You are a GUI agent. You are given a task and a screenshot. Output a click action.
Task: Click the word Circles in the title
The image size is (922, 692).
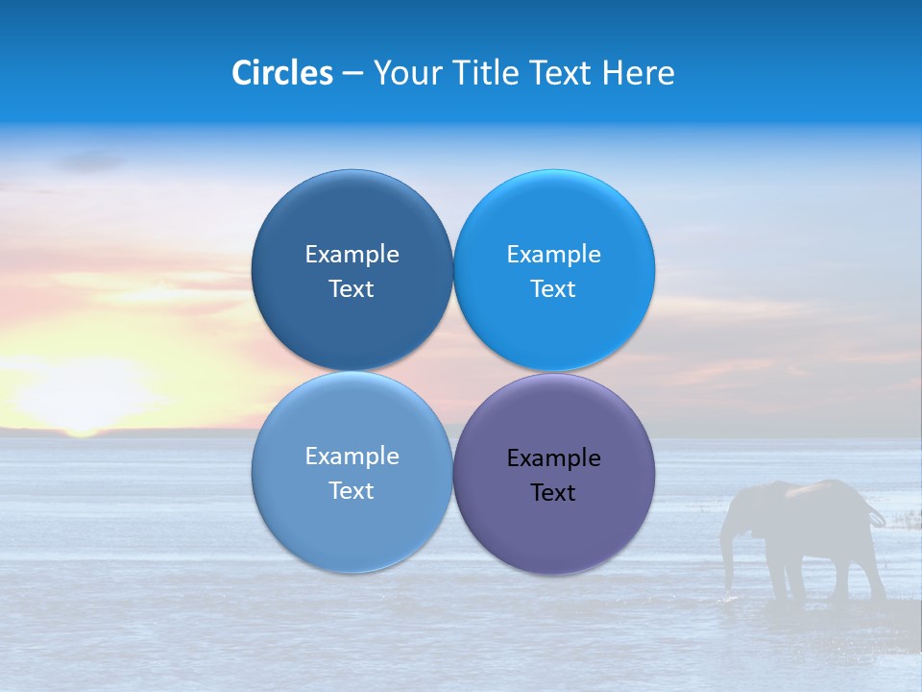[282, 73]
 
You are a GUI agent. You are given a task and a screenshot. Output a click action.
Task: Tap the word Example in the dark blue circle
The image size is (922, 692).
[352, 254]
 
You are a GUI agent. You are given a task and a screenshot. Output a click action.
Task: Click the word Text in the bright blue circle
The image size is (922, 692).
[553, 289]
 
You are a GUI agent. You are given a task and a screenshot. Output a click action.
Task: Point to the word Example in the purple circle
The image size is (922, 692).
[553, 457]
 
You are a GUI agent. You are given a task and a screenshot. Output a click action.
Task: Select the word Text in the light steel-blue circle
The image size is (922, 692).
[352, 491]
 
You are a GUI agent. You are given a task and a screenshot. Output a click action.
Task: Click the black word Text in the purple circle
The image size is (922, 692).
[553, 493]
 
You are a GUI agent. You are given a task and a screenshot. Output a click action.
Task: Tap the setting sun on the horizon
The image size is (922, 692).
[82, 394]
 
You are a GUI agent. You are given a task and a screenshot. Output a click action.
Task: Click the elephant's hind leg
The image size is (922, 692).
[869, 572]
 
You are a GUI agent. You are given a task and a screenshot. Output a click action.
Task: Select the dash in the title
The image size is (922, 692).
[352, 74]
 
